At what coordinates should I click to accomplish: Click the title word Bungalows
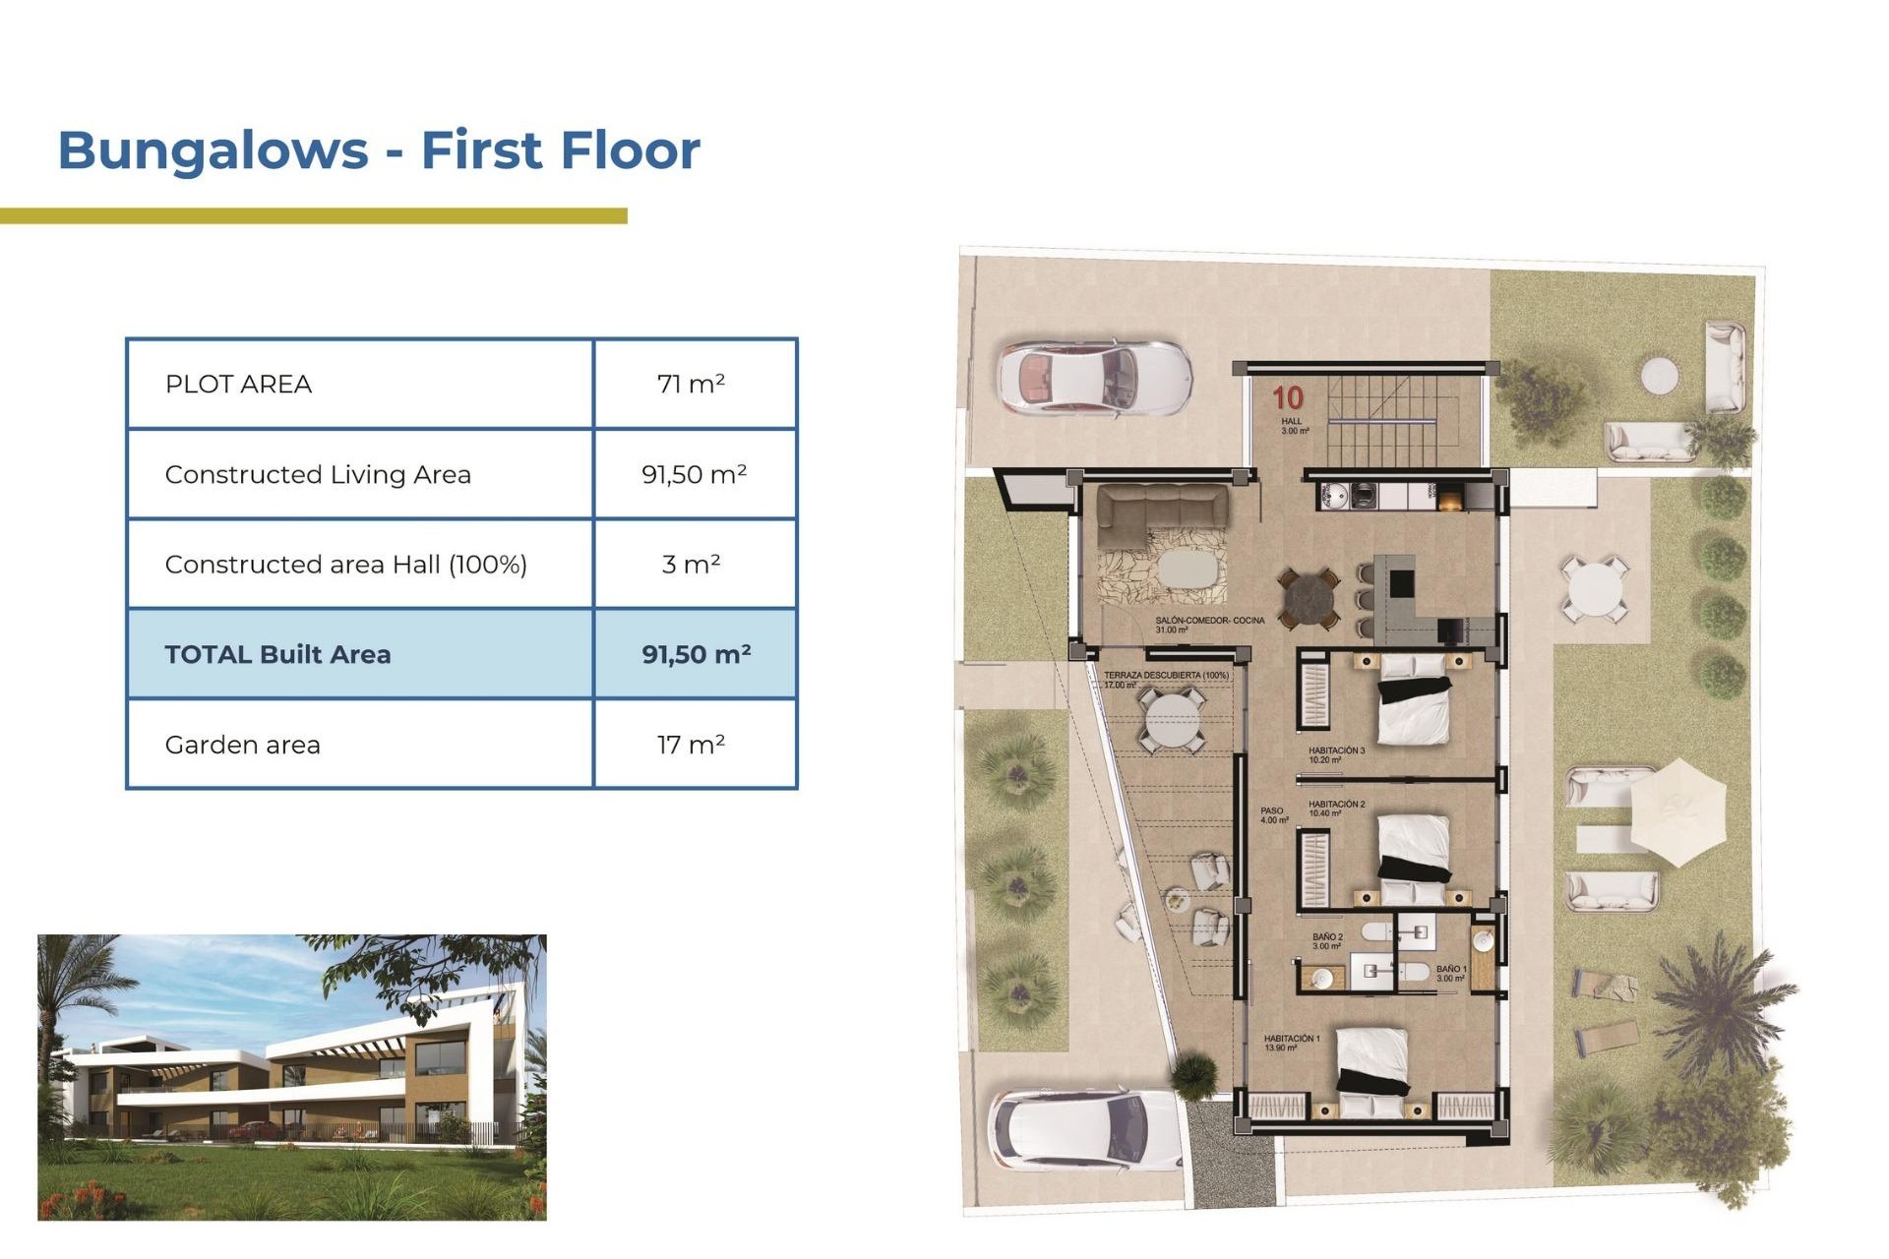pos(213,150)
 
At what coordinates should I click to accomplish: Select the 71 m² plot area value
pos(691,384)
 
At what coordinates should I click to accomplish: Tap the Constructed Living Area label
pos(318,474)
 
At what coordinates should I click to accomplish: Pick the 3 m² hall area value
pos(691,565)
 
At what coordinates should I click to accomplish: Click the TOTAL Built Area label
pos(277,654)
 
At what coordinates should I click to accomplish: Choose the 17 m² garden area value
pos(691,745)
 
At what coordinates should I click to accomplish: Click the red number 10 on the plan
pos(1287,397)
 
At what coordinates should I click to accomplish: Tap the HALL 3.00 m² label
pos(1294,426)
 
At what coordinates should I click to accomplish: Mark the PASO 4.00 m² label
pos(1273,815)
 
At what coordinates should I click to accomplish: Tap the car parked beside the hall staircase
pos(1094,379)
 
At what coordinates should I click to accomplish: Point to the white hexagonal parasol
pos(1677,811)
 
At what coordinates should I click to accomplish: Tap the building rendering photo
pos(291,1077)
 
